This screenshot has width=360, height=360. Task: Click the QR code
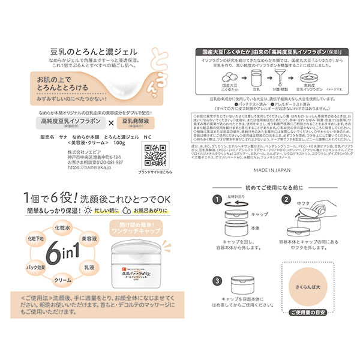click(155, 154)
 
